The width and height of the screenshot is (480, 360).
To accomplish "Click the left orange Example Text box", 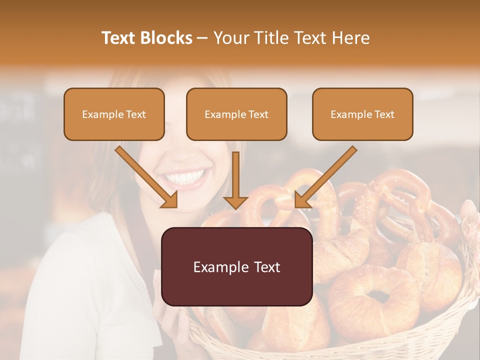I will pyautogui.click(x=114, y=114).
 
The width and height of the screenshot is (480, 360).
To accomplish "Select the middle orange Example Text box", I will pyautogui.click(x=236, y=114).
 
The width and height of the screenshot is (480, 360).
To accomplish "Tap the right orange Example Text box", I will pyautogui.click(x=362, y=114).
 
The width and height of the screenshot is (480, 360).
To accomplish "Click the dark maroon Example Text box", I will pyautogui.click(x=236, y=266).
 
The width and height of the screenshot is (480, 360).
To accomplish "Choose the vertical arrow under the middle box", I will pyautogui.click(x=235, y=180).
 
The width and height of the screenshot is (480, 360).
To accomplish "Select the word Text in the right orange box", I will pyautogui.click(x=384, y=114).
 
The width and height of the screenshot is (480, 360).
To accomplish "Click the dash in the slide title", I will pyautogui.click(x=202, y=38).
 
